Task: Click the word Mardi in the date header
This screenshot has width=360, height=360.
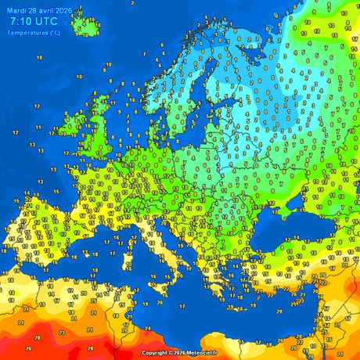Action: point(16,11)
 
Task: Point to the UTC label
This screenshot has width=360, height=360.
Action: point(49,22)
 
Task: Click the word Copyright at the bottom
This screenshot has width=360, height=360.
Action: point(154,353)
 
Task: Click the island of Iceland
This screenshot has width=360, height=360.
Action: point(86,26)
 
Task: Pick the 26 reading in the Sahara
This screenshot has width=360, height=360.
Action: point(29,348)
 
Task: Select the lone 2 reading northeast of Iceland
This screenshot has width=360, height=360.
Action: point(132,4)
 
